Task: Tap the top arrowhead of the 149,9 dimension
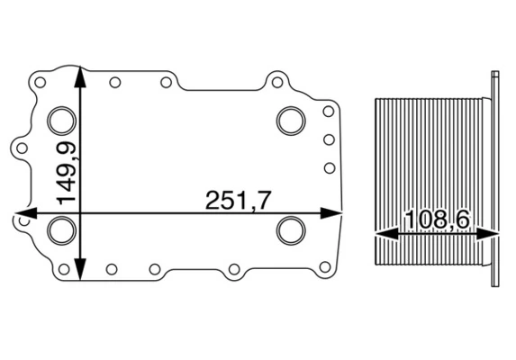(82, 75)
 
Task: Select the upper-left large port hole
(62, 120)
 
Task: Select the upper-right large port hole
(291, 119)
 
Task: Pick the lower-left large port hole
(62, 230)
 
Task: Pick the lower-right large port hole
(291, 229)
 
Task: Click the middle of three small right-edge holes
(329, 139)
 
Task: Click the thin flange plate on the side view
(495, 180)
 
